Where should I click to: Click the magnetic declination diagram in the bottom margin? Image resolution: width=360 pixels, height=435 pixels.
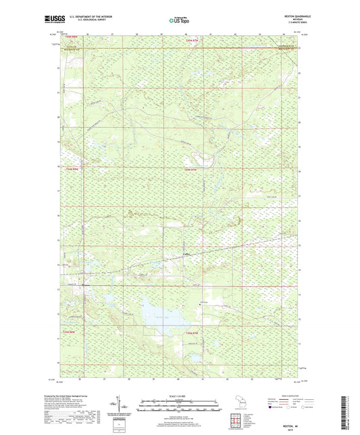(x=121, y=407)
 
